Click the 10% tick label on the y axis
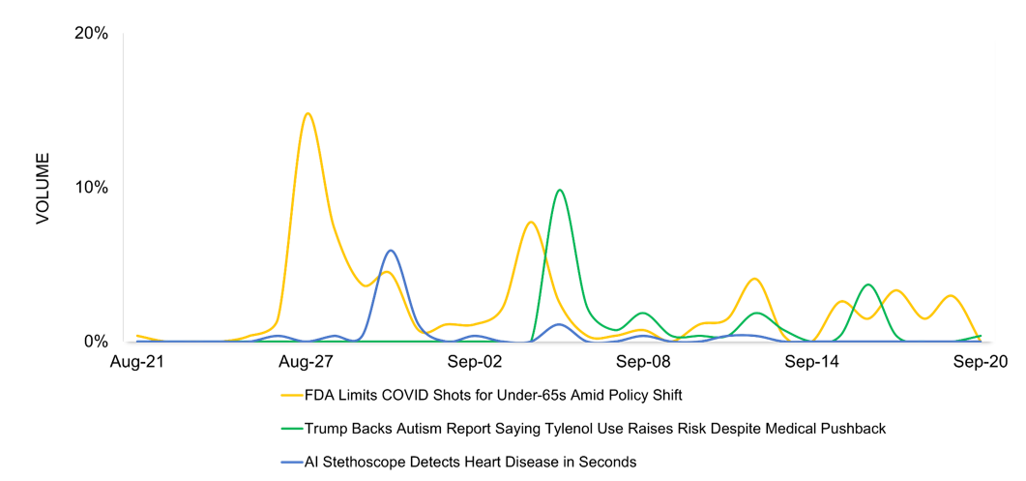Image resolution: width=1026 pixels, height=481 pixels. point(91,188)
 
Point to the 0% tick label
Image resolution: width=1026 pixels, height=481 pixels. point(96,342)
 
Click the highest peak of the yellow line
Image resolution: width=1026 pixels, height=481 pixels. point(308,113)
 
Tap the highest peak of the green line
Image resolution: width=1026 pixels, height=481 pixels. point(559,190)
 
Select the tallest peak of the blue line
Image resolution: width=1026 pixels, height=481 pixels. point(391,251)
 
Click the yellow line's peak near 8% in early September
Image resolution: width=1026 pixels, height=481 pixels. point(530,222)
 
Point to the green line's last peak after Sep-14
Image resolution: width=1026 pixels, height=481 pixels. point(868,285)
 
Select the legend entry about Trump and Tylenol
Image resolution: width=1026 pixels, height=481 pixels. point(595,428)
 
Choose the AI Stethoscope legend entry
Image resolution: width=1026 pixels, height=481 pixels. point(470,462)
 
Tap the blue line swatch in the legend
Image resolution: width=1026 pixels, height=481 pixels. point(291,462)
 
